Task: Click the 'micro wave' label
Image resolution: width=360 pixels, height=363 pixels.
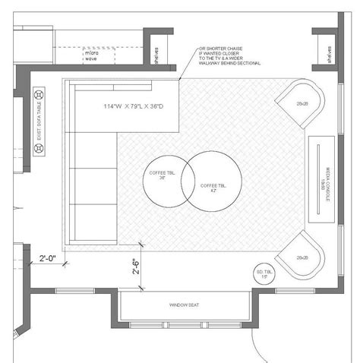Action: click(91, 55)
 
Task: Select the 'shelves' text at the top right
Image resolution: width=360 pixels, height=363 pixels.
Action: click(329, 55)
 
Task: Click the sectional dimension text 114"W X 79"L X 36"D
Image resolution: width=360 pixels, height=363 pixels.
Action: click(135, 106)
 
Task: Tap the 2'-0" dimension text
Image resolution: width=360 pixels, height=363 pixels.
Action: click(48, 258)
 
